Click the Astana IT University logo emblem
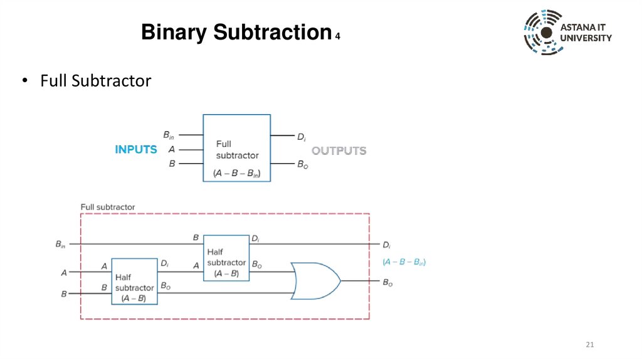[x=543, y=33]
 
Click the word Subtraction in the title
[x=272, y=32]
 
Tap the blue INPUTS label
[x=136, y=149]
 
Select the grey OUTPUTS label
[x=339, y=151]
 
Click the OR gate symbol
[x=315, y=281]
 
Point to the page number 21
[x=589, y=344]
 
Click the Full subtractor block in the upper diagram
[x=236, y=148]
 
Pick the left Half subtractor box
[x=134, y=282]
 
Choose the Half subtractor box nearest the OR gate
[x=226, y=258]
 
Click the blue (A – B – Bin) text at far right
[x=404, y=262]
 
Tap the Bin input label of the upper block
[x=169, y=135]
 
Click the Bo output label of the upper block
[x=303, y=165]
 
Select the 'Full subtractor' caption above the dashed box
[x=108, y=207]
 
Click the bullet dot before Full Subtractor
[x=25, y=80]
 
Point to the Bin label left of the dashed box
[x=60, y=245]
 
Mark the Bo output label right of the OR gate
[x=387, y=283]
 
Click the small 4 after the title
[x=337, y=36]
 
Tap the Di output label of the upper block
[x=302, y=137]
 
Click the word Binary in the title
[x=174, y=32]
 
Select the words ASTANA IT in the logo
[x=582, y=28]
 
